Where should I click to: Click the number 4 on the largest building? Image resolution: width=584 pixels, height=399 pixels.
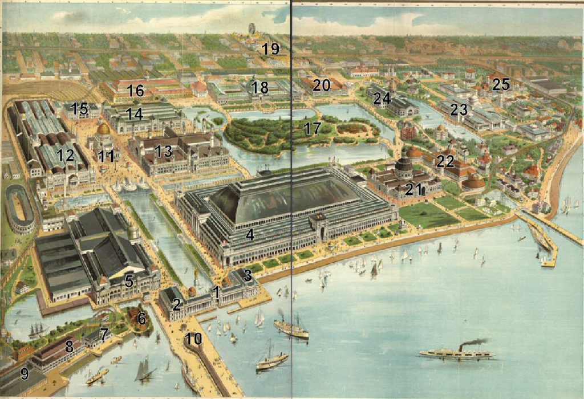(249, 235)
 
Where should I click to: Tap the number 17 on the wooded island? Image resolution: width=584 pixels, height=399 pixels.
(312, 128)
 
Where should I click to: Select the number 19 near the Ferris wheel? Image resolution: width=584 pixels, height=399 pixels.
(271, 49)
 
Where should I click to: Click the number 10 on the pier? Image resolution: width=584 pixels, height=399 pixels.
(193, 339)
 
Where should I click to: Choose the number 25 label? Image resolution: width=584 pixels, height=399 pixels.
(501, 84)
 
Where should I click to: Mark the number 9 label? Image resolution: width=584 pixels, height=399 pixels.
(24, 374)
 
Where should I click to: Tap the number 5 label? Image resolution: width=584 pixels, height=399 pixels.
(129, 280)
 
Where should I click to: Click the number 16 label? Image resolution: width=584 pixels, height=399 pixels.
(135, 91)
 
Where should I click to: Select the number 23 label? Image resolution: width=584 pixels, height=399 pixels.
(459, 109)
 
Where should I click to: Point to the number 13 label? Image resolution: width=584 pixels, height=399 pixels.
(163, 151)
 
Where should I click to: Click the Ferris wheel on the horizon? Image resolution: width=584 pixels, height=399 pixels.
(252, 29)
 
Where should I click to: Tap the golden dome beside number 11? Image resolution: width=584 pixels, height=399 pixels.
(104, 129)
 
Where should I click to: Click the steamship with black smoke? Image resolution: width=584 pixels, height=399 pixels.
(456, 353)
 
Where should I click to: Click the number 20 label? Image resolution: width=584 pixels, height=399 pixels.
(322, 85)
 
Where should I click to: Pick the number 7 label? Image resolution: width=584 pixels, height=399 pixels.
(104, 334)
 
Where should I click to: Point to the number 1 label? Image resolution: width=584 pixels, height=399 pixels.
(216, 292)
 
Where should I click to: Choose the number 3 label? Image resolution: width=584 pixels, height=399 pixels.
(247, 275)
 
